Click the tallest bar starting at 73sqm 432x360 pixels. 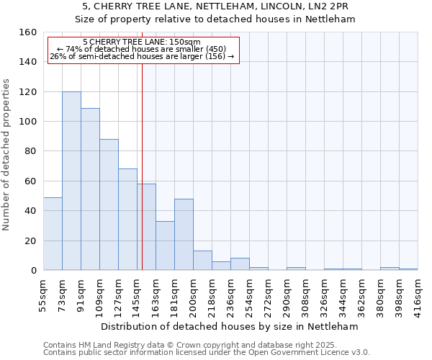(71, 181)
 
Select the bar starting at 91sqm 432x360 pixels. (90, 189)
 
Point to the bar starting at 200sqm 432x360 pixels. (202, 261)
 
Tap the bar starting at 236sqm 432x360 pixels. (240, 264)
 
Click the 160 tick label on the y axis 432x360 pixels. (27, 32)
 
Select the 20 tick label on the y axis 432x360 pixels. (30, 240)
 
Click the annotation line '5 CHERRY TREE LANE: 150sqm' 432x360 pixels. (142, 42)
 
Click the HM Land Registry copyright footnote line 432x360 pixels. (191, 346)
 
